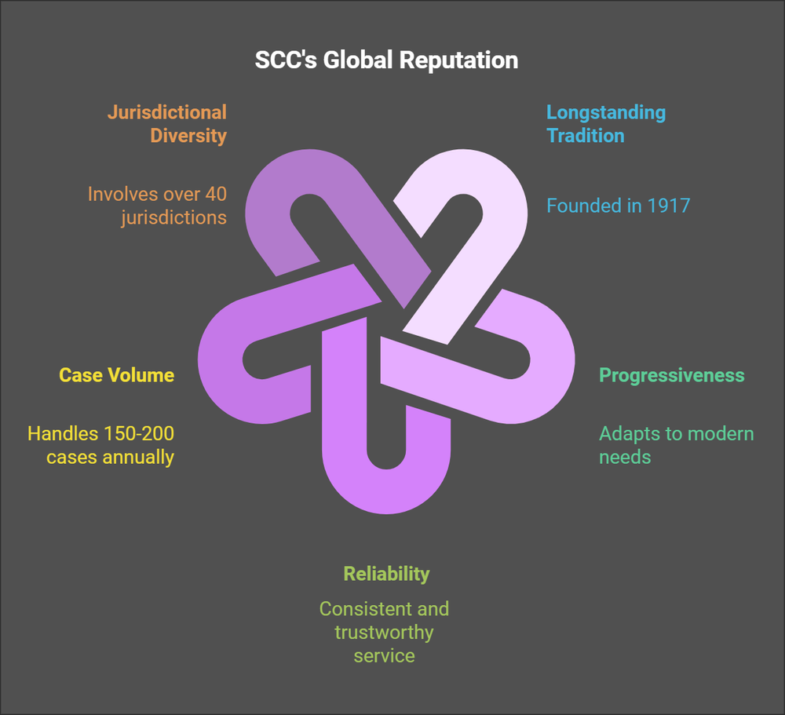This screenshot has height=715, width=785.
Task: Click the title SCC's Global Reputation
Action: pyautogui.click(x=386, y=60)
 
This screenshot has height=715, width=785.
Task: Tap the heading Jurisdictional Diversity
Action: pyautogui.click(x=166, y=124)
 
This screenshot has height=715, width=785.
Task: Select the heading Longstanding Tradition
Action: pyautogui.click(x=605, y=124)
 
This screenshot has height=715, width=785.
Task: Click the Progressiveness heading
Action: pyautogui.click(x=671, y=375)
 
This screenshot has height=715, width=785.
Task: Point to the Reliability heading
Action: pyautogui.click(x=386, y=574)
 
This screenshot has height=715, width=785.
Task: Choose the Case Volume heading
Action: pyautogui.click(x=117, y=375)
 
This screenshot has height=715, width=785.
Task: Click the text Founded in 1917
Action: pyautogui.click(x=618, y=206)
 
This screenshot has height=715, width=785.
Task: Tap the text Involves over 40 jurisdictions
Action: pyautogui.click(x=157, y=206)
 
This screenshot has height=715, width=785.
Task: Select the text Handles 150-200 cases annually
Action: pyautogui.click(x=101, y=445)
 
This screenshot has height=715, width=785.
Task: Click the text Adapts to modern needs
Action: pyautogui.click(x=676, y=445)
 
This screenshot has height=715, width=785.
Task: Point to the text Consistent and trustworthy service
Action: pyautogui.click(x=384, y=632)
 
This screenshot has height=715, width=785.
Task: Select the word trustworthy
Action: pyautogui.click(x=384, y=632)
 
